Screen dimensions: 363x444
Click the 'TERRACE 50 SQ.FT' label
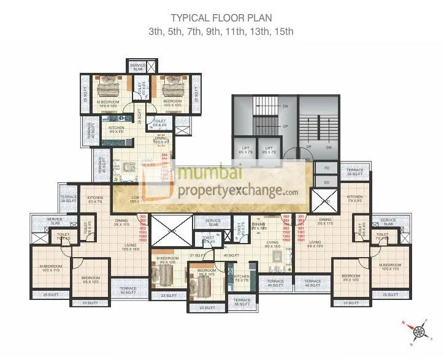tap(128, 290)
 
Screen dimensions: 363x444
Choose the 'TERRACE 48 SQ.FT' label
tap(313, 283)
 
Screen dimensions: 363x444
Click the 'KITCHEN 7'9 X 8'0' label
tap(354, 199)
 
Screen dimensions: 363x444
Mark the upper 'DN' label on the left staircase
tap(267, 106)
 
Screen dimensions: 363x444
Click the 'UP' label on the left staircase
tap(267, 126)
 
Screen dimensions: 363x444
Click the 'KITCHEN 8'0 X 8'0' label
tap(117, 130)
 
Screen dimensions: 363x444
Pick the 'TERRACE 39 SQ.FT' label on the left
tap(68, 199)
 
